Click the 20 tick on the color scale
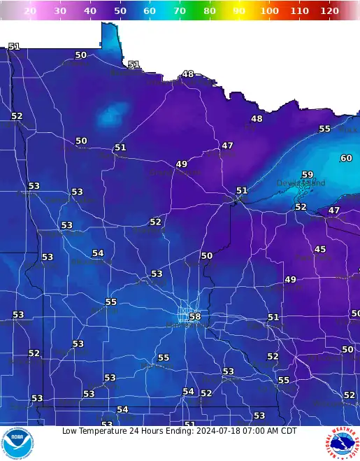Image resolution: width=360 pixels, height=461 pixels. point(30,11)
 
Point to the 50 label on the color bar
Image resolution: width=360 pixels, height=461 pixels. point(120,11)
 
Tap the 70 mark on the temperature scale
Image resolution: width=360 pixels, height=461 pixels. point(180,11)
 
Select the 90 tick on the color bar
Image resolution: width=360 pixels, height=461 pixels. point(240,11)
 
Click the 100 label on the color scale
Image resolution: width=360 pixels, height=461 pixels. point(269,11)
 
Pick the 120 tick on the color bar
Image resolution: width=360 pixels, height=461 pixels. point(329,11)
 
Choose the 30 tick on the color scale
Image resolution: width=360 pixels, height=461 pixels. point(60,11)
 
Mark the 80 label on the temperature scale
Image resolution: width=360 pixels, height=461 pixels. point(210,11)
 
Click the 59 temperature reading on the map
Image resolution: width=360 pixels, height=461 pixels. point(308,175)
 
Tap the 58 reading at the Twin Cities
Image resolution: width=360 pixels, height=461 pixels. point(195,317)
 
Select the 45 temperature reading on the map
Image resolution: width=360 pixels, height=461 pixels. point(320,250)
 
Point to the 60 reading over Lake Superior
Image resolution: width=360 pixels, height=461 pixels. point(346,159)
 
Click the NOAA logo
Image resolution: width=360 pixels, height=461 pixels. point(16,444)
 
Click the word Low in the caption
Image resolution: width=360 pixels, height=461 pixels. point(71,431)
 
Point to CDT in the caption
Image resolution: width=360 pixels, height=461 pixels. point(287,431)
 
